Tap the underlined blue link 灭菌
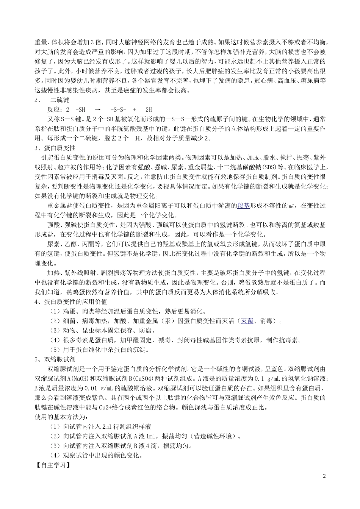(247, 321)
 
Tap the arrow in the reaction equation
(97, 109)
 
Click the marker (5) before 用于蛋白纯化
(55, 350)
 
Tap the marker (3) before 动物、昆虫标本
(55, 331)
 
